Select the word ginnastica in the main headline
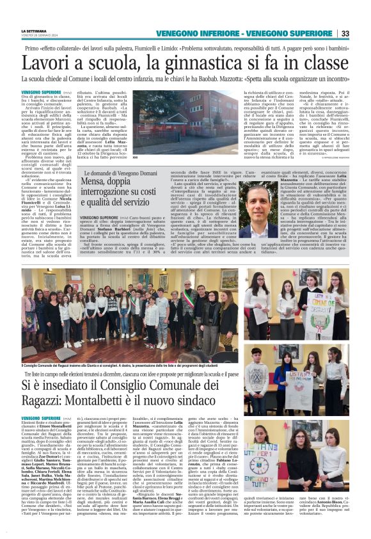click(200, 62)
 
